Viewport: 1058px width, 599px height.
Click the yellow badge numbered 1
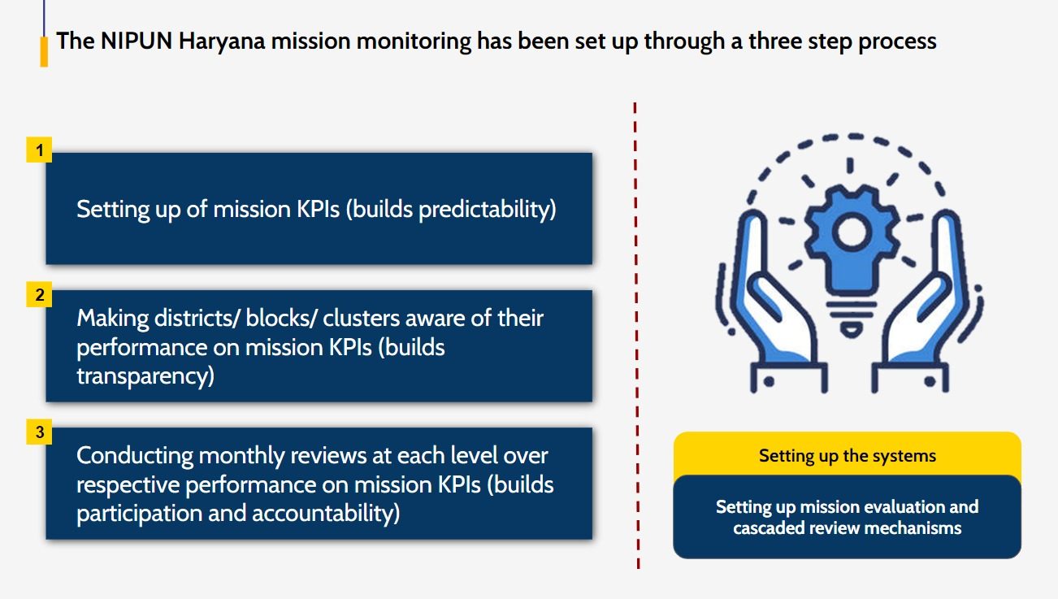pyautogui.click(x=39, y=150)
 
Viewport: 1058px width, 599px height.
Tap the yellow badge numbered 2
pyautogui.click(x=39, y=294)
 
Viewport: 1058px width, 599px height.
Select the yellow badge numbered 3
pyautogui.click(x=39, y=432)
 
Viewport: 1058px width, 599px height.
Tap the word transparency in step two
pyautogui.click(x=145, y=376)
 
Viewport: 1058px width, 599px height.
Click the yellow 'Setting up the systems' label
pyautogui.click(x=847, y=455)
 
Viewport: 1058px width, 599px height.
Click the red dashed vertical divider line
pyautogui.click(x=635, y=333)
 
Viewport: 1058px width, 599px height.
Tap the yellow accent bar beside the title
pyautogui.click(x=44, y=50)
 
